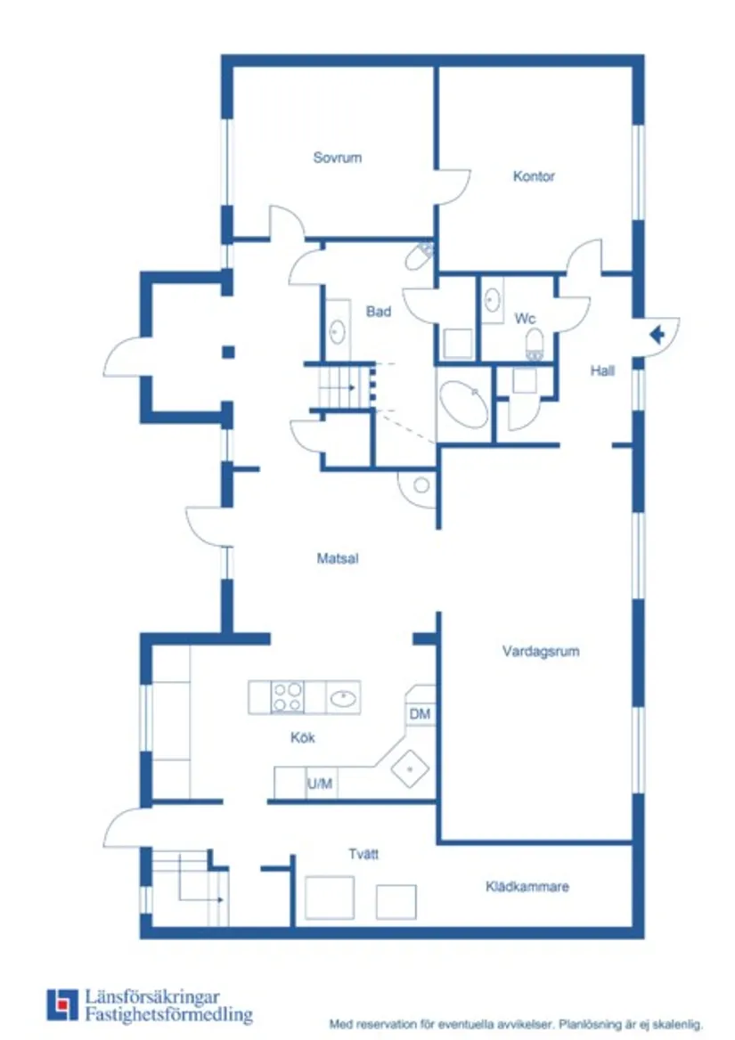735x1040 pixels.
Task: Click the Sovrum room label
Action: [x=338, y=158]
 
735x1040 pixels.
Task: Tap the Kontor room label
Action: [x=534, y=176]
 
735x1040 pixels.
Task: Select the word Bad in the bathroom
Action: [x=379, y=312]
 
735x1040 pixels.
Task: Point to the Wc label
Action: [x=525, y=319]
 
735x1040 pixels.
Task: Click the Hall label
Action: [x=602, y=371]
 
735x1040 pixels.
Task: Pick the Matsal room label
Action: [x=338, y=559]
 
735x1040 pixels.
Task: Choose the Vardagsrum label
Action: [x=540, y=651]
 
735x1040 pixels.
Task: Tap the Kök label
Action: [x=303, y=738]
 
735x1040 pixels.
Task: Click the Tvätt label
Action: [x=363, y=854]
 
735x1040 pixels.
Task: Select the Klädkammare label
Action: [x=527, y=887]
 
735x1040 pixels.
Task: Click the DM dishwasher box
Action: [x=420, y=714]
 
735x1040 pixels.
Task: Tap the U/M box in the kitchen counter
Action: [x=321, y=784]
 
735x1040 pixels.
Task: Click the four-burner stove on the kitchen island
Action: [x=287, y=696]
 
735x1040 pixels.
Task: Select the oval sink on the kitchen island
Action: [x=344, y=697]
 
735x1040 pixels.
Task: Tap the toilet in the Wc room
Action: [x=535, y=343]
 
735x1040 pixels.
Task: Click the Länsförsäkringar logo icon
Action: [x=62, y=1004]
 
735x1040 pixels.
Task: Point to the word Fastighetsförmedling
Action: [x=168, y=1015]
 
